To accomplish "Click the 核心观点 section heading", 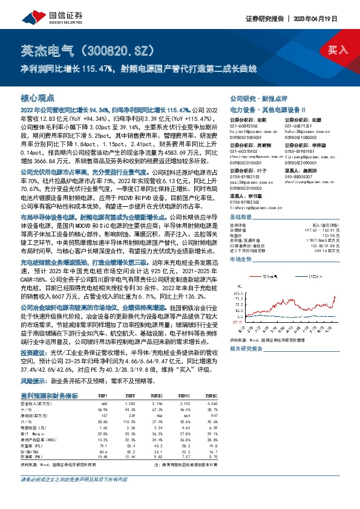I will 38,97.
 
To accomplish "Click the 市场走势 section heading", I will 241,258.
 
